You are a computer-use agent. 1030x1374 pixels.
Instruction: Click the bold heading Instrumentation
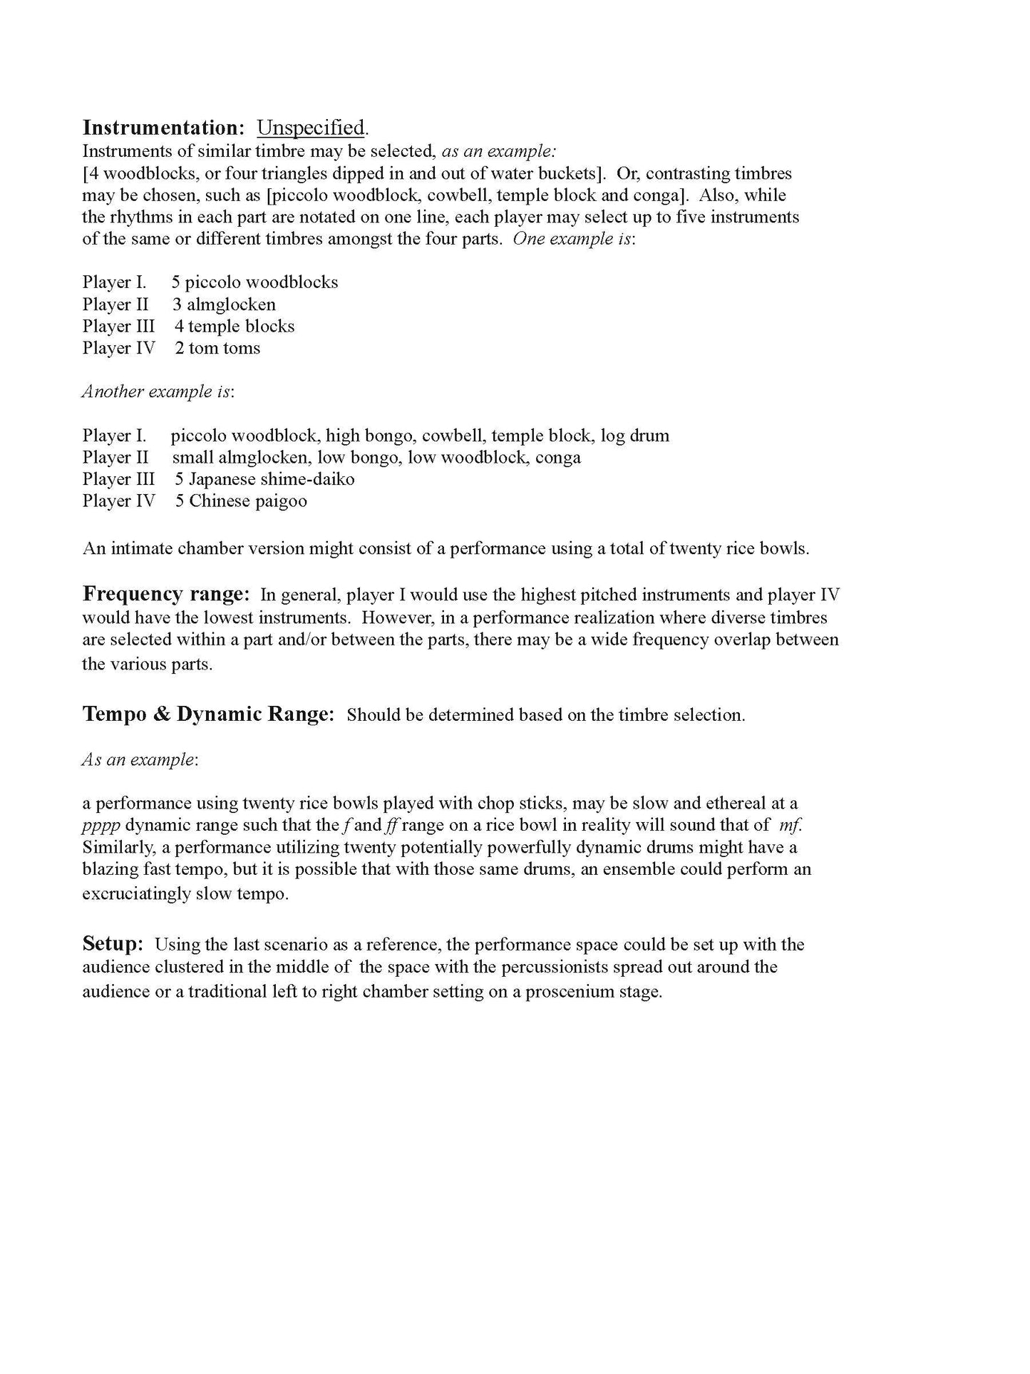pos(163,128)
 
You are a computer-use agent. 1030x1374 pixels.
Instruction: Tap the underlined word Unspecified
pos(311,128)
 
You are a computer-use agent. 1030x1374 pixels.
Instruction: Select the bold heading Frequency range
pos(165,594)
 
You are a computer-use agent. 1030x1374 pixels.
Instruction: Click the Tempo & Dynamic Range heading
pos(208,714)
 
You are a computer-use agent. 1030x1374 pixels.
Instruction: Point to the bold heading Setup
pos(113,944)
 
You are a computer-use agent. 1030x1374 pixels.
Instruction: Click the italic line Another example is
pos(158,391)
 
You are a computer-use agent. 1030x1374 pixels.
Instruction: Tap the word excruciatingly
pos(136,894)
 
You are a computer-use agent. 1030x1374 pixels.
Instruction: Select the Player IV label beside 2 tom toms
pos(118,348)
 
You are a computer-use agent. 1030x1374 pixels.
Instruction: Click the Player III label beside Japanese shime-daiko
pos(118,479)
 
